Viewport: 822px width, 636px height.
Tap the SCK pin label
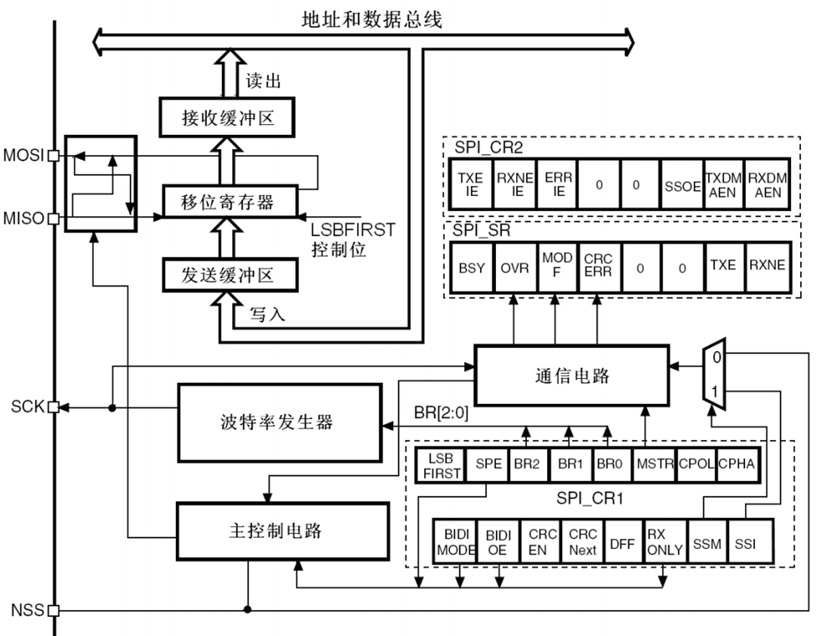[x=25, y=406]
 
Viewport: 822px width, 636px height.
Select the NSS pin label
[x=25, y=609]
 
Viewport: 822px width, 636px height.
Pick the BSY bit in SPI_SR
[x=472, y=266]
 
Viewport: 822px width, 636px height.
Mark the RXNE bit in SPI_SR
[x=767, y=266]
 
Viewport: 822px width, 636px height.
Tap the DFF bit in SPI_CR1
[x=623, y=543]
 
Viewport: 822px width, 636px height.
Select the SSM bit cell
[x=706, y=543]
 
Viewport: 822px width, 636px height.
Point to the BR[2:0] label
[x=442, y=413]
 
